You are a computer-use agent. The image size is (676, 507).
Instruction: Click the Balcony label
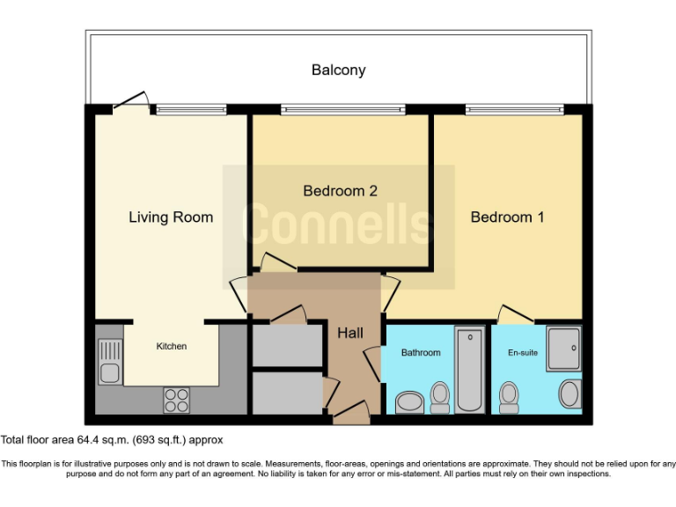338,70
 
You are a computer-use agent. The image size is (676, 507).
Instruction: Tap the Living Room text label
171,217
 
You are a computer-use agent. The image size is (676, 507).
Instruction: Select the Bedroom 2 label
340,190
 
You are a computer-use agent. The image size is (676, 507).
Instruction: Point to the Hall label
350,334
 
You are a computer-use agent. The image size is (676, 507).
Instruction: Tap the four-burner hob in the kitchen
176,400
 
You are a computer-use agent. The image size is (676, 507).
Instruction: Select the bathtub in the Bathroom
470,369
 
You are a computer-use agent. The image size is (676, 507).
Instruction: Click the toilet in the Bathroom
439,397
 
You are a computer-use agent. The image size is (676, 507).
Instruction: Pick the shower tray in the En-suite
563,349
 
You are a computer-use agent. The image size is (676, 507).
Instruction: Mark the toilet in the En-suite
508,397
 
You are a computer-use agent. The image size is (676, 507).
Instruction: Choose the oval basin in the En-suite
570,393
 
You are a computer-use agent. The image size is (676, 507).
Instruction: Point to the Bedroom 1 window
513,110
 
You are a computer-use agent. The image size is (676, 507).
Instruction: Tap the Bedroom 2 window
342,110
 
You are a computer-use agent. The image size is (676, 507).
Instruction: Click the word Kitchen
171,346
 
